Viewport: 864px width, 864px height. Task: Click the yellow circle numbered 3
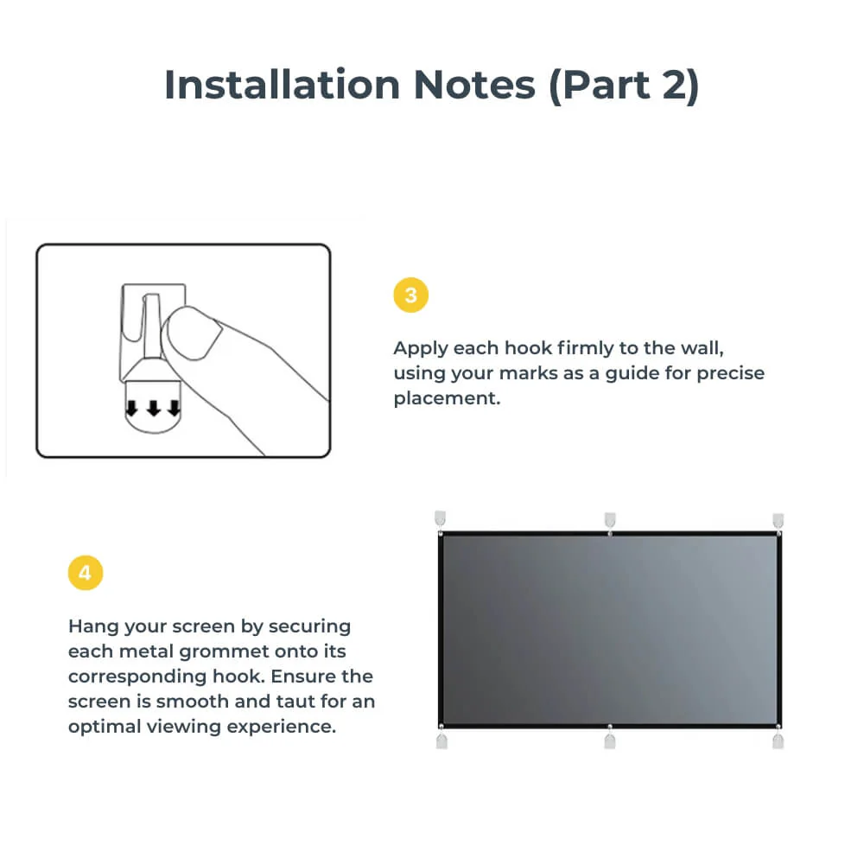pyautogui.click(x=410, y=295)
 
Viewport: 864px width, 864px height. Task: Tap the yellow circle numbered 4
pyautogui.click(x=85, y=573)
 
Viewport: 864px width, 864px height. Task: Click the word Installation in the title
pyautogui.click(x=282, y=85)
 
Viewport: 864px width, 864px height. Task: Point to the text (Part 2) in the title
pyautogui.click(x=623, y=85)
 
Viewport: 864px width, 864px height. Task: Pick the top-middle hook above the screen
pyautogui.click(x=610, y=519)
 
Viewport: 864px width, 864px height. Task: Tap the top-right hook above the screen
pyautogui.click(x=778, y=519)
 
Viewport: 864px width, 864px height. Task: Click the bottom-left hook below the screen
pyautogui.click(x=442, y=740)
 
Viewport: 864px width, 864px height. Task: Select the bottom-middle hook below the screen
pyautogui.click(x=610, y=740)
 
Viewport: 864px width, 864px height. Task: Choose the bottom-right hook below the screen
pyautogui.click(x=778, y=740)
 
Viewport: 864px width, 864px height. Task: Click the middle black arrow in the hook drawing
pyautogui.click(x=153, y=408)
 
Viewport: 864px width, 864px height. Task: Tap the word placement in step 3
pyautogui.click(x=447, y=399)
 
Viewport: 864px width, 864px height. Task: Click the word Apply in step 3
pyautogui.click(x=421, y=348)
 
